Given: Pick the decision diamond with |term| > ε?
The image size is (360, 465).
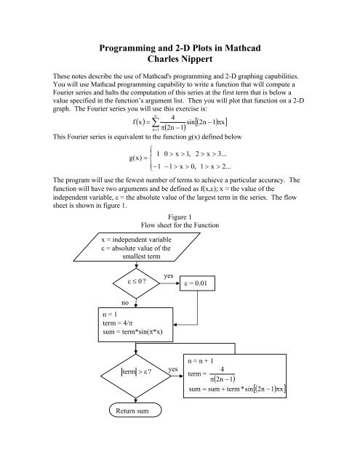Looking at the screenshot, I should coord(137,373).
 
